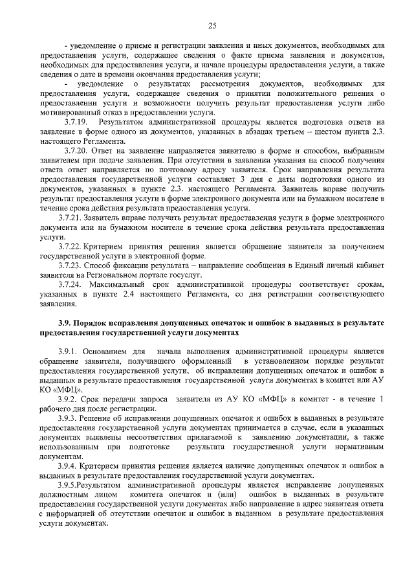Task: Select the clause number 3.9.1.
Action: coord(69,350)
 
